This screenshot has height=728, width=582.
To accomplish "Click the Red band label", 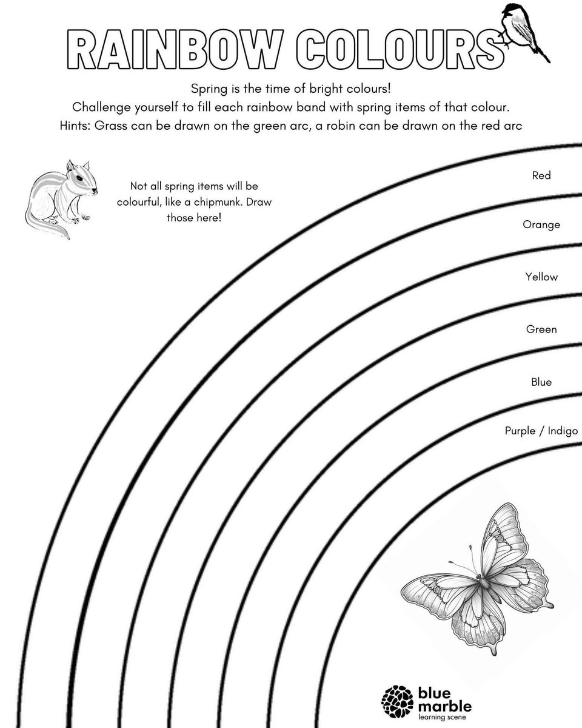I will coord(541,175).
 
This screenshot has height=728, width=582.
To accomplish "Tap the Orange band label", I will coord(541,224).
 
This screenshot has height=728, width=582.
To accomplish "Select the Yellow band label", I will coord(541,277).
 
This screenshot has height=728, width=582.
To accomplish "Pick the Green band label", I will coord(541,329).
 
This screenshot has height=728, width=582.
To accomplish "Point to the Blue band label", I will coord(541,382).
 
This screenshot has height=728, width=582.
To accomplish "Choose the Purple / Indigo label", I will coord(541,431).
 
